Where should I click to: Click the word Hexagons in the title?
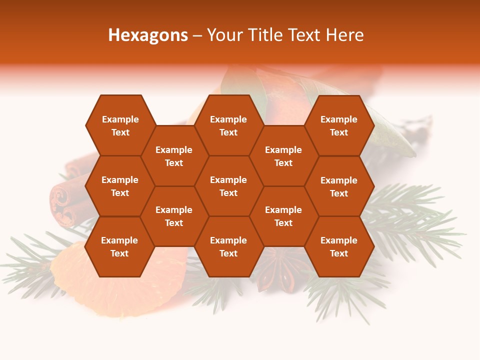148,35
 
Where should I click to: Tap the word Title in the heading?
268,35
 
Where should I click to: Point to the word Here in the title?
344,35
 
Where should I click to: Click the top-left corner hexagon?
120,125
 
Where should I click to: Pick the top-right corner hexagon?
339,125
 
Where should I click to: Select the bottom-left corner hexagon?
119,246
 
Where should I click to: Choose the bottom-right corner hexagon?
339,246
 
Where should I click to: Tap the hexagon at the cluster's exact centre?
228,186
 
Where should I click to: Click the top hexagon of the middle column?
228,125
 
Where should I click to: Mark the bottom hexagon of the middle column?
228,246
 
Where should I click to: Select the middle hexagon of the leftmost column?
120,186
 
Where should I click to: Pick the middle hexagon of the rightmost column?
339,186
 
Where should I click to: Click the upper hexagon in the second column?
174,156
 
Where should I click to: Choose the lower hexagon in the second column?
174,216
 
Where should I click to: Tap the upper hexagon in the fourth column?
283,156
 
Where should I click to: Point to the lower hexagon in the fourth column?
283,216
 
